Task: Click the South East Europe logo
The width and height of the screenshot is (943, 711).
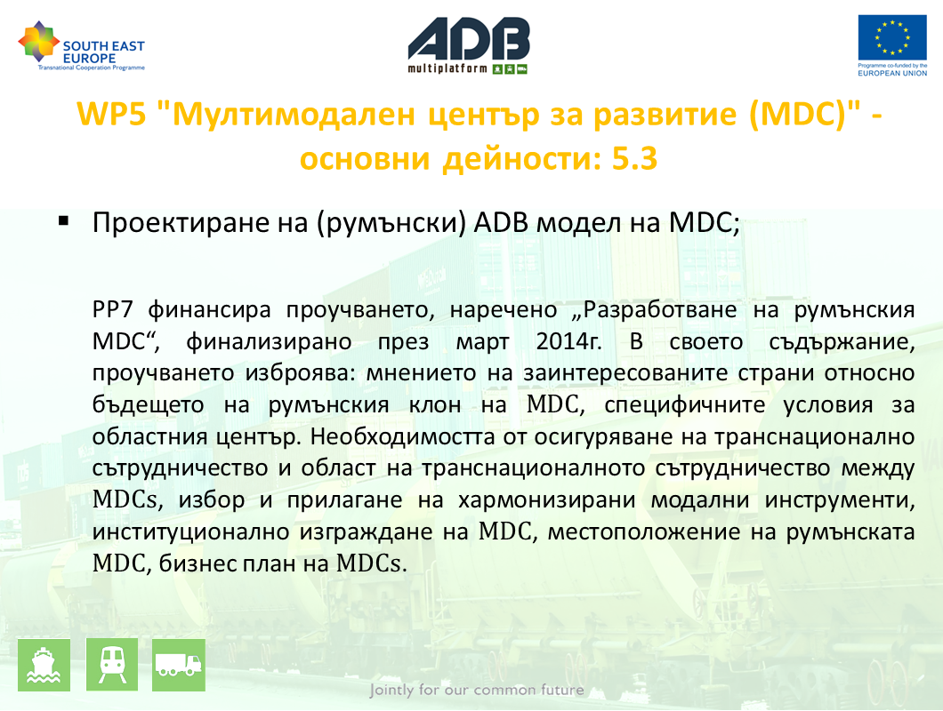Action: point(81,45)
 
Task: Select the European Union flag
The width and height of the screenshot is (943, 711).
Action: point(892,37)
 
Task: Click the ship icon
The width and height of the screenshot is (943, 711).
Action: point(44,665)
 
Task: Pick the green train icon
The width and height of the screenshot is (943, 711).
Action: point(112,665)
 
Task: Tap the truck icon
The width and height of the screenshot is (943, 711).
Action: point(179,665)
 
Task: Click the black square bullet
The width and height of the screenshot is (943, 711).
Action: point(64,221)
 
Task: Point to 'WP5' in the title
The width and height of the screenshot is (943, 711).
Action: point(112,114)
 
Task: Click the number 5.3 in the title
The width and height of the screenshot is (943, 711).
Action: point(634,159)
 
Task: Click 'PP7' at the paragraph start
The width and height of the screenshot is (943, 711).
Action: point(112,310)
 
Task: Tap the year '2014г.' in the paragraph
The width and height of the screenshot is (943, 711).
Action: point(569,342)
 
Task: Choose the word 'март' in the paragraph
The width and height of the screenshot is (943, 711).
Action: point(482,342)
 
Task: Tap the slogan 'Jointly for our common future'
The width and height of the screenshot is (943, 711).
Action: point(477,690)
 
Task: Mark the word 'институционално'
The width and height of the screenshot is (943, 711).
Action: point(196,532)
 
